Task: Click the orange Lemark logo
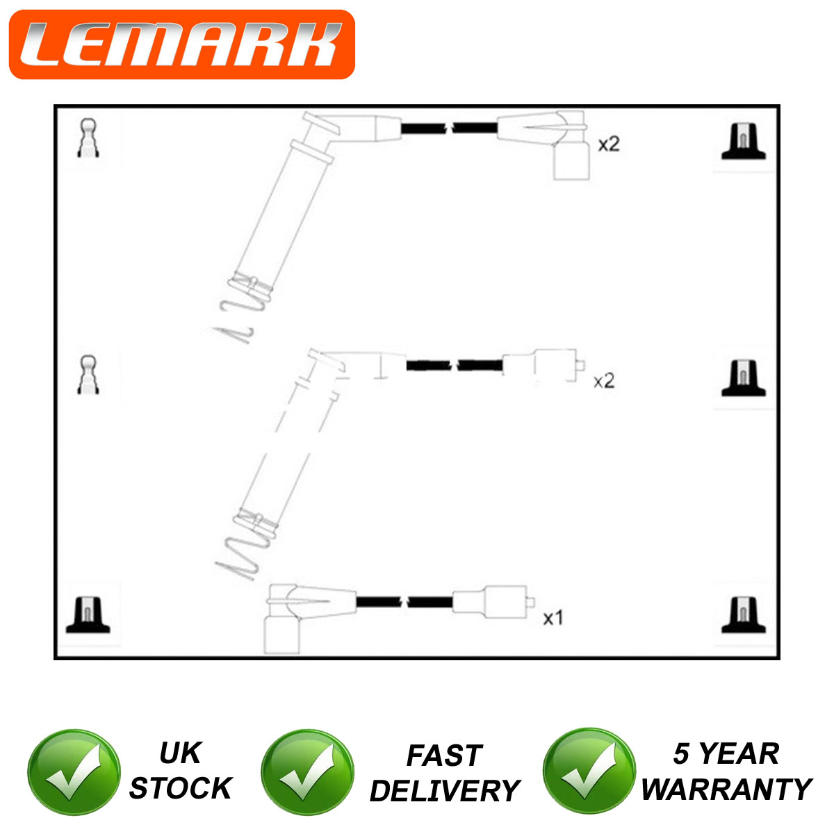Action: point(182,44)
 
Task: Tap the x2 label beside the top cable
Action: point(609,144)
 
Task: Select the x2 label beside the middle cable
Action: point(604,381)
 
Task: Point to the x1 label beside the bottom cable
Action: point(553,618)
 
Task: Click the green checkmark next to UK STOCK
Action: point(74,772)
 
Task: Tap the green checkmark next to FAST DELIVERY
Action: point(307,772)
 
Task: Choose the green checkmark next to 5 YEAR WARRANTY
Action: point(589,771)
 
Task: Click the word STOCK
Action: point(181,789)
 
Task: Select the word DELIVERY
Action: point(445,791)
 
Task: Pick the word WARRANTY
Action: point(727,790)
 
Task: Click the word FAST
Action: point(445,755)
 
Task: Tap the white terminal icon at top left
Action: point(88,138)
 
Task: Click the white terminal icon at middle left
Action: point(88,375)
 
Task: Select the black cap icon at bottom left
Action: point(88,615)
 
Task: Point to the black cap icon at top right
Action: point(744,141)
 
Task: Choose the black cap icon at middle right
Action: point(744,378)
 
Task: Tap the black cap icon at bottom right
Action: point(744,615)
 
